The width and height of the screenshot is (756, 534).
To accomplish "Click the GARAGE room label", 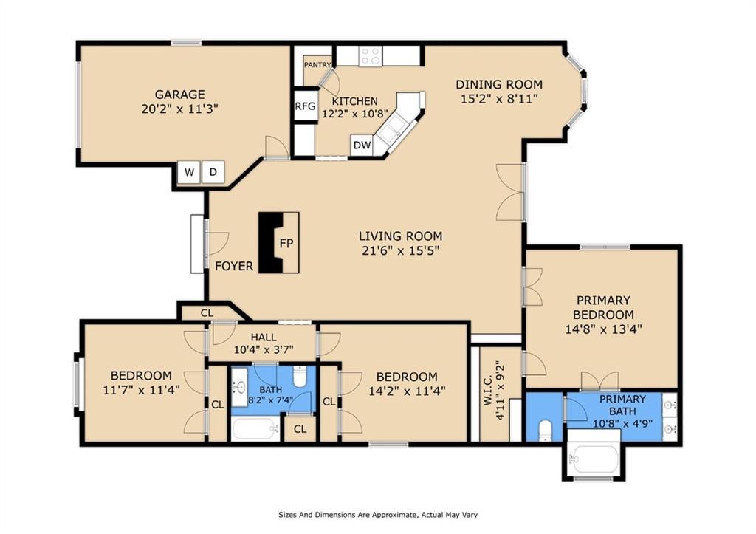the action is click(x=179, y=94).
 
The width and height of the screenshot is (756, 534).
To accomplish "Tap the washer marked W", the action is click(x=189, y=172).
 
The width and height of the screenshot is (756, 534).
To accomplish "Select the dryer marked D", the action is click(x=213, y=172).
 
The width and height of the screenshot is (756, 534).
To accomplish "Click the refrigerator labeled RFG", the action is click(x=305, y=106).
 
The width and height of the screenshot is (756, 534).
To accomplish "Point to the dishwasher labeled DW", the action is click(x=362, y=146).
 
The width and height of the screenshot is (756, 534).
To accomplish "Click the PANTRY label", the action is click(x=317, y=65).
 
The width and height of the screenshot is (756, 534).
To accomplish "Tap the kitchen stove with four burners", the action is click(x=371, y=55).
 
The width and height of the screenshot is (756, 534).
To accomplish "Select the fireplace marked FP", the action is click(x=279, y=243).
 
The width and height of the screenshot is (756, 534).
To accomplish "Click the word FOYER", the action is click(x=234, y=267).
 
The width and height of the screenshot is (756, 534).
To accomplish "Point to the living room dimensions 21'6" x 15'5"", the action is click(x=401, y=250).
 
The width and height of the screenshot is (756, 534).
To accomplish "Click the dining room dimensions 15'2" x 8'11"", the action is click(x=500, y=99).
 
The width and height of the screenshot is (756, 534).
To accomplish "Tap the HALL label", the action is click(x=264, y=338).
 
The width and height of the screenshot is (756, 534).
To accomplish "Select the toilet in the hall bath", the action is click(x=300, y=377).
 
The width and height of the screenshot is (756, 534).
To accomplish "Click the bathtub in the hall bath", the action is click(x=255, y=429).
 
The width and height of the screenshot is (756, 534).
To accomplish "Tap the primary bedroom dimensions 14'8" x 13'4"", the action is click(x=603, y=329).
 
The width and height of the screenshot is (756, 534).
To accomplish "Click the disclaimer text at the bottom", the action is click(x=378, y=515).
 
